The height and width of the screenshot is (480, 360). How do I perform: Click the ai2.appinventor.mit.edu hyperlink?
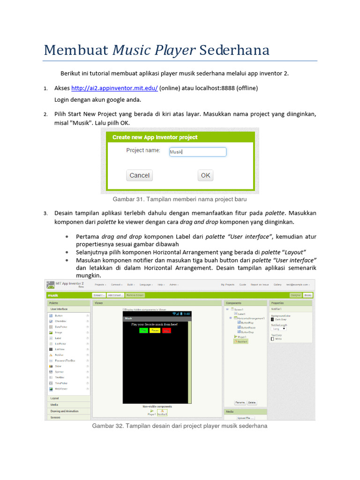pyautogui.click(x=114, y=88)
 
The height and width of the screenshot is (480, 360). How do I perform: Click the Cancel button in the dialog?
pyautogui.click(x=139, y=175)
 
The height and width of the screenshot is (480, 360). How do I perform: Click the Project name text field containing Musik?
pyautogui.click(x=197, y=152)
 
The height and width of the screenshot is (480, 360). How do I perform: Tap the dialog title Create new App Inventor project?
pyautogui.click(x=155, y=137)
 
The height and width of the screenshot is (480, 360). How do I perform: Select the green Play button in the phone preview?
pyautogui.click(x=143, y=330)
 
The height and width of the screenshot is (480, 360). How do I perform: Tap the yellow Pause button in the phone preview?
pyautogui.click(x=155, y=330)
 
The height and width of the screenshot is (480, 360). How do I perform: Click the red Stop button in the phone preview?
pyautogui.click(x=166, y=330)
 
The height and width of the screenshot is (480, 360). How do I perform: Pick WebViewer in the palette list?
pyautogui.click(x=61, y=389)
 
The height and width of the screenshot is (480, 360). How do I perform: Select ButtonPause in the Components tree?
pyautogui.click(x=248, y=327)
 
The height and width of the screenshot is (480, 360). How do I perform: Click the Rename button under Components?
pyautogui.click(x=240, y=403)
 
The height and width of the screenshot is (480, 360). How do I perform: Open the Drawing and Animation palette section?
pyautogui.click(x=65, y=411)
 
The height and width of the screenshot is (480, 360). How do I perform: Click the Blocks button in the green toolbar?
pyautogui.click(x=308, y=295)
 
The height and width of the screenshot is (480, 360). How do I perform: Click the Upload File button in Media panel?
pyautogui.click(x=246, y=418)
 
